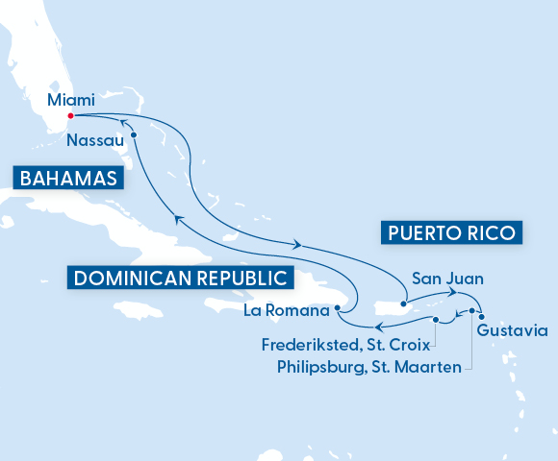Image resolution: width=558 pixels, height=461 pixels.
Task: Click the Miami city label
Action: pos(70,99)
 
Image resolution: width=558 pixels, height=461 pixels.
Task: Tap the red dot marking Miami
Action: pos(70,117)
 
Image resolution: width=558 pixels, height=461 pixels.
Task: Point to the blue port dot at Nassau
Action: pos(134,135)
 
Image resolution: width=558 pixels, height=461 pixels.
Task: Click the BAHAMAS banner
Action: pos(65,179)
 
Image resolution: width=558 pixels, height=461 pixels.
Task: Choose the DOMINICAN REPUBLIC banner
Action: pos(181,279)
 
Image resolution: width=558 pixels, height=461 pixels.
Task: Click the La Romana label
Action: pos(286,310)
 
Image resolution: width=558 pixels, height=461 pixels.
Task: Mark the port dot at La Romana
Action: pos(338,308)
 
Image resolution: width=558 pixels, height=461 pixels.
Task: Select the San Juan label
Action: pos(447,279)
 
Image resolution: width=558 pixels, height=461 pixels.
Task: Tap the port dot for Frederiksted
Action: pos(436,320)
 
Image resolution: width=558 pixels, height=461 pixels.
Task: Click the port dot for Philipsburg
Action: pos(471,310)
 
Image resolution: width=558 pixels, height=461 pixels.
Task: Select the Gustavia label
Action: pos(512,331)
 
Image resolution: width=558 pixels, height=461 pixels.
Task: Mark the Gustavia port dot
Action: pos(481,318)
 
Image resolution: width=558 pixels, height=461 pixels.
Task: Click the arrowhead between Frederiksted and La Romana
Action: pos(377,331)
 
